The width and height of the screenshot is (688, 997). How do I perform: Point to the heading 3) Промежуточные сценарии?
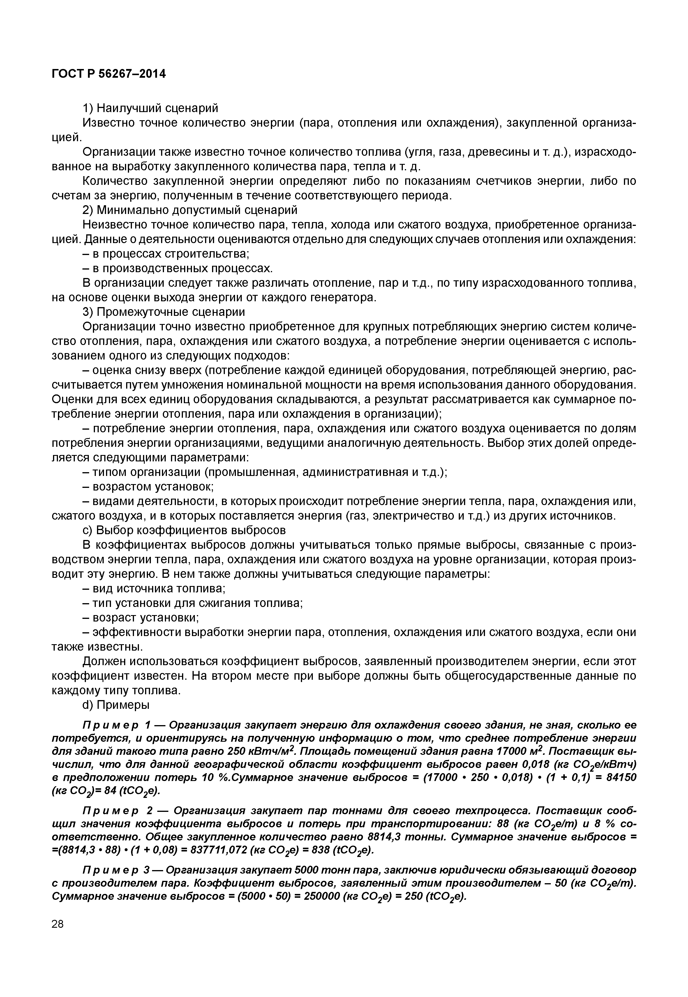point(163,311)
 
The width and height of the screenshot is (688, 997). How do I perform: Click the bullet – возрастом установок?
point(148,486)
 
